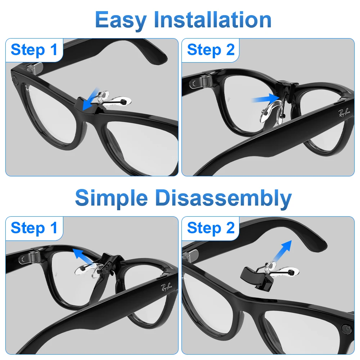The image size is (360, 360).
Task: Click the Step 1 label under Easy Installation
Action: click(x=34, y=50)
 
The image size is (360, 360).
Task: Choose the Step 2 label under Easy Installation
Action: click(x=211, y=50)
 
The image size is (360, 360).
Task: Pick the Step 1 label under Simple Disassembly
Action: click(x=34, y=228)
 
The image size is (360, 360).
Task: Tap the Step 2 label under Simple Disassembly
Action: click(x=211, y=228)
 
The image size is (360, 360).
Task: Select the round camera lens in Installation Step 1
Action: click(x=14, y=78)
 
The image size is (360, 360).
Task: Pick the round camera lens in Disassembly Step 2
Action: click(x=346, y=329)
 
